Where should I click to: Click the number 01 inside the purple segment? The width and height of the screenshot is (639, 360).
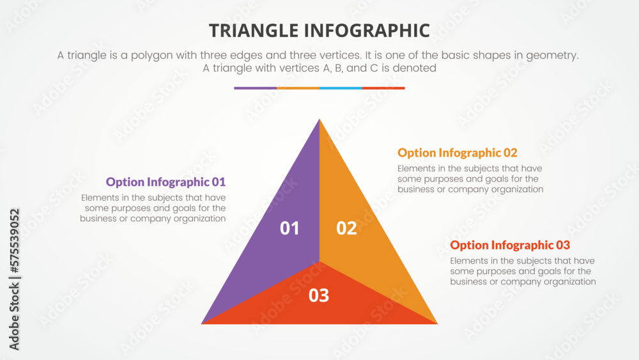[289, 228]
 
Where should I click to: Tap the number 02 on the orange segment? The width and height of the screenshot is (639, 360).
[346, 228]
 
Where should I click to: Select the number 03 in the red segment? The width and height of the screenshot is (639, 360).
[319, 295]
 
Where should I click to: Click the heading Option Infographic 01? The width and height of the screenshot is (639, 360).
[166, 182]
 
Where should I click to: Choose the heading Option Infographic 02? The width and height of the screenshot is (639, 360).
[458, 153]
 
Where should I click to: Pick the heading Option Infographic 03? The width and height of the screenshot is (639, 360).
[510, 246]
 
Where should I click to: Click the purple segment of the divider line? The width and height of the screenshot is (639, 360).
[255, 88]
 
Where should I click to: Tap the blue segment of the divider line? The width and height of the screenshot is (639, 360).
[341, 88]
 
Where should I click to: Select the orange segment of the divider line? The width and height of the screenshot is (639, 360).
[298, 88]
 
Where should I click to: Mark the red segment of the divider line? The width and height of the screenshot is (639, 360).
[383, 88]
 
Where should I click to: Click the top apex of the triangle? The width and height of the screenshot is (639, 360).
[319, 120]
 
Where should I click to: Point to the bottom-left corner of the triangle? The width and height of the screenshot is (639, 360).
[203, 322]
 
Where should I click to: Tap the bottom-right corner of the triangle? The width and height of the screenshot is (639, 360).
[436, 322]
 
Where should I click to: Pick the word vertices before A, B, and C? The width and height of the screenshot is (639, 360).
[278, 68]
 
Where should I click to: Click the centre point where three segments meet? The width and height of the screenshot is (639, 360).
[319, 262]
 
